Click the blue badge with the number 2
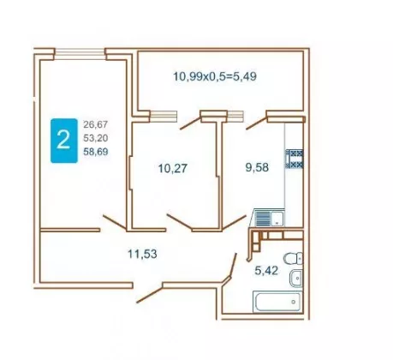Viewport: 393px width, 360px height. tap(64, 141)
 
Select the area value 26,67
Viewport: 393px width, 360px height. tap(96, 124)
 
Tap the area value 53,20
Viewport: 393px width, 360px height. tap(96, 138)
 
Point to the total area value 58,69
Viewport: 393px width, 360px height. tap(96, 152)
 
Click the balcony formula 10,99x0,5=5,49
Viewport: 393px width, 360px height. tap(215, 76)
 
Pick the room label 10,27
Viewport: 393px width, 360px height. tap(173, 168)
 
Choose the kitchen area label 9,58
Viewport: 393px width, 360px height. tap(257, 167)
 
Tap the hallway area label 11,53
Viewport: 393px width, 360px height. tap(142, 254)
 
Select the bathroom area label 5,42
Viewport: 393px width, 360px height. tap(266, 270)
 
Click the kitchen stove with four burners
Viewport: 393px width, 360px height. tap(295, 159)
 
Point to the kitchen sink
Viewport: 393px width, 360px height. tap(269, 219)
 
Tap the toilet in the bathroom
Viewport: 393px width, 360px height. tap(294, 258)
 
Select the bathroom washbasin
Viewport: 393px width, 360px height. tap(296, 278)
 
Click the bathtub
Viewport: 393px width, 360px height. tap(277, 302)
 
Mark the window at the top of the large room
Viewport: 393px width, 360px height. tap(80, 54)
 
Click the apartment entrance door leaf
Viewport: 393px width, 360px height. tap(150, 294)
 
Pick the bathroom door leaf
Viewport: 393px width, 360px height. tap(233, 265)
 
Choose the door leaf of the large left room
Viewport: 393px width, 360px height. tap(115, 222)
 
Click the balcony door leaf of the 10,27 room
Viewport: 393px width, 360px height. tap(191, 123)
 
